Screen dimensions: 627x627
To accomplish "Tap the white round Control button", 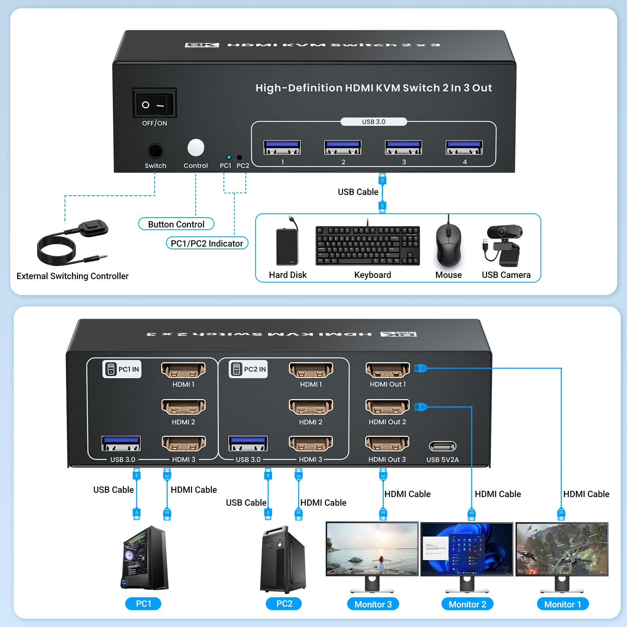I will (196, 148).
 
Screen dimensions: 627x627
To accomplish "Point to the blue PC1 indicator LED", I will (229, 157).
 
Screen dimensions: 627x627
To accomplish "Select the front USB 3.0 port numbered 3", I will (404, 148).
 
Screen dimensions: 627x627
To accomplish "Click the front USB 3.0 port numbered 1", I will (282, 148).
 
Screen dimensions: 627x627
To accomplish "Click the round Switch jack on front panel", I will (155, 151).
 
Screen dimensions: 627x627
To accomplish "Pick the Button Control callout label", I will (176, 224).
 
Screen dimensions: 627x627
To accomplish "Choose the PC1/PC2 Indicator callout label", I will (207, 243).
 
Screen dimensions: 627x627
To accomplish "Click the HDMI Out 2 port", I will (387, 407).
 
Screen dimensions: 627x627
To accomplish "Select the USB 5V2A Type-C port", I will (443, 446).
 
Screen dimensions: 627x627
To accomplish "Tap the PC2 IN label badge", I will (248, 369).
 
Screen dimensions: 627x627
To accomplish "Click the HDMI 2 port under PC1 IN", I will (184, 407).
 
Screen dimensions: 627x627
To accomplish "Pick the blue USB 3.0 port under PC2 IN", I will (248, 444).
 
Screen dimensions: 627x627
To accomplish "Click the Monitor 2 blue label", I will (467, 604).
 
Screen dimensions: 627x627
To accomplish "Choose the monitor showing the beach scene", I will (372, 549).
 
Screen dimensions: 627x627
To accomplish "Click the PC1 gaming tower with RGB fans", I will (144, 558).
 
